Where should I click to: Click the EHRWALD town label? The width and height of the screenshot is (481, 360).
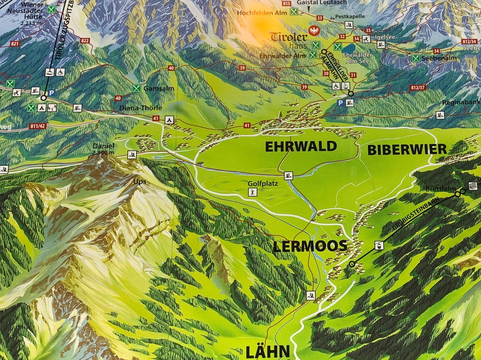[x=301, y=147]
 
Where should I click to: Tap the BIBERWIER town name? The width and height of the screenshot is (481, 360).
[x=407, y=150]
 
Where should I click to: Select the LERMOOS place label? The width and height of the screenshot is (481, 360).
[x=310, y=246]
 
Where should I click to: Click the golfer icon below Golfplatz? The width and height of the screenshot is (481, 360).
[x=252, y=192]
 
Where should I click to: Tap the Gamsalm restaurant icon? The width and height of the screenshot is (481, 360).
[x=137, y=88]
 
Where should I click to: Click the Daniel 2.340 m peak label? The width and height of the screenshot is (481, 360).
[x=103, y=149]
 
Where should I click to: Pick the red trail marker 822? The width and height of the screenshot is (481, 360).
[x=86, y=41]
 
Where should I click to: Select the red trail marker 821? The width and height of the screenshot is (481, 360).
[x=15, y=44]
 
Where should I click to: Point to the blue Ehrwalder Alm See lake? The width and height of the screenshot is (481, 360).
[x=349, y=48]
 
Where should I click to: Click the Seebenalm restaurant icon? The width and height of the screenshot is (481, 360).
[x=416, y=58]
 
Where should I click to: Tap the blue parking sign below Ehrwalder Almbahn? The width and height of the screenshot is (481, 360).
[x=341, y=103]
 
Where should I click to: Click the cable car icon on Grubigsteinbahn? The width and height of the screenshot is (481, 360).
[x=379, y=245]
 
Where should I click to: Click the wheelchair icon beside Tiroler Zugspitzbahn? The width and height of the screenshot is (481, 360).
[x=61, y=72]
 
